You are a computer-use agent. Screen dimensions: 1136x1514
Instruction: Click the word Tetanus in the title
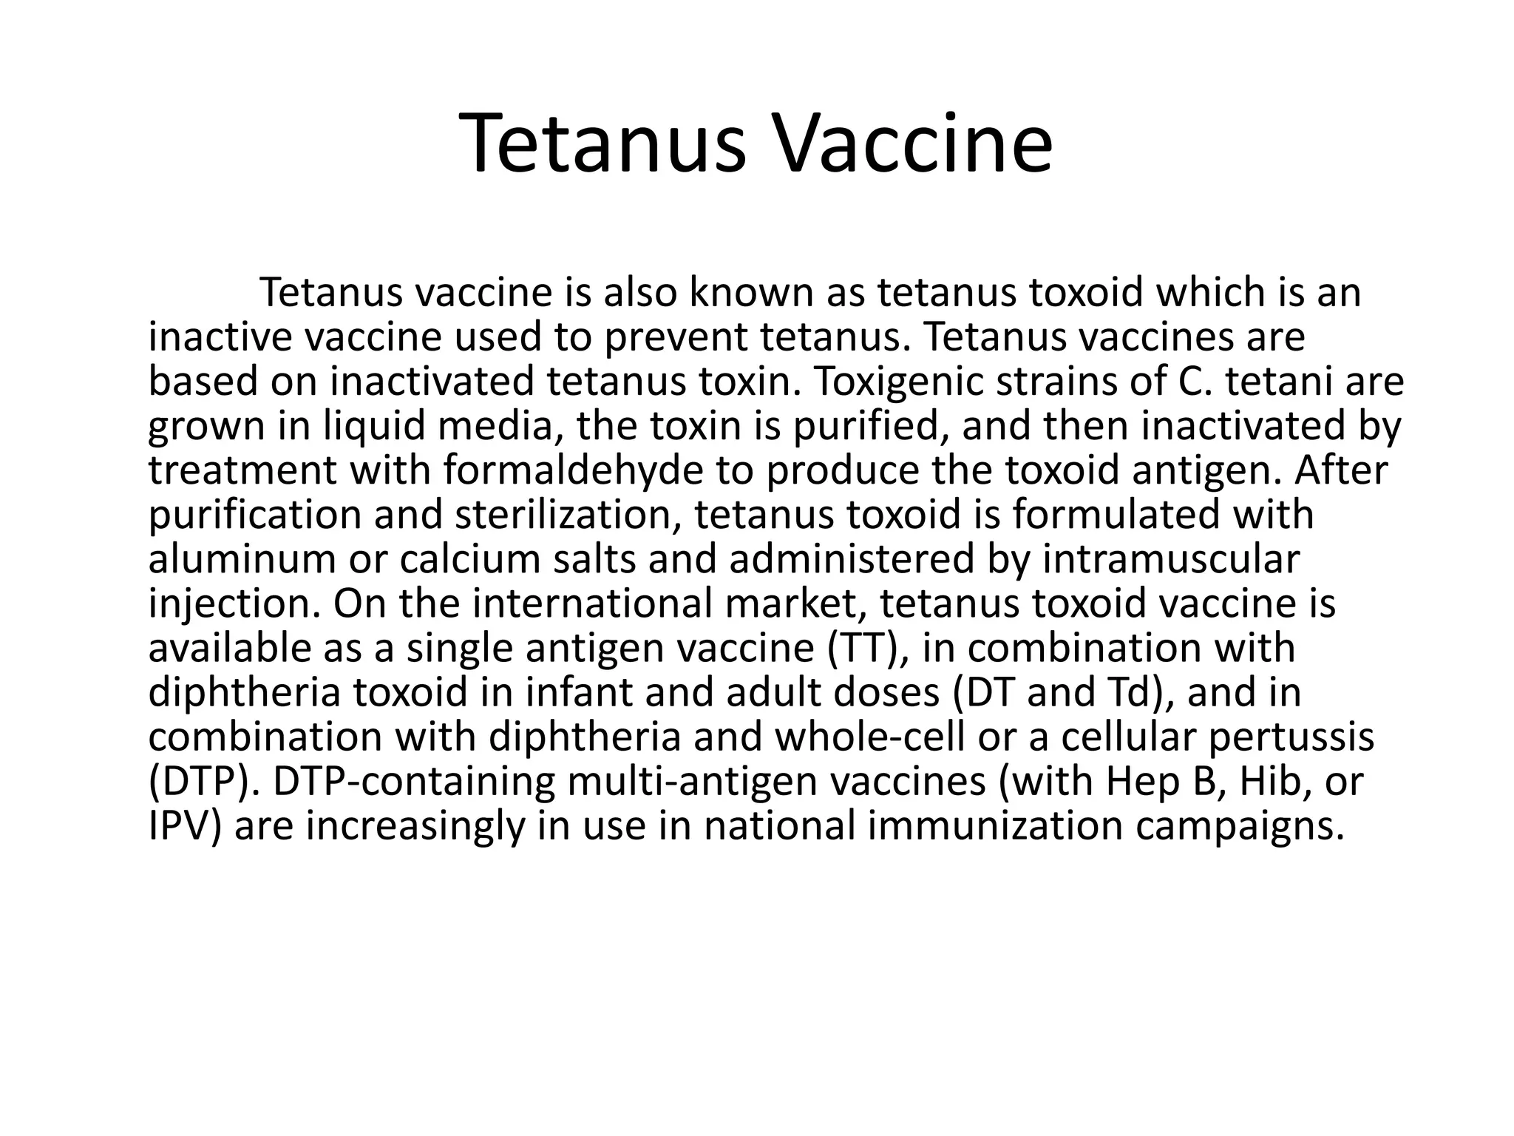(602, 144)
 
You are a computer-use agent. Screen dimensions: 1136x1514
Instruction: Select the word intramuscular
(1171, 560)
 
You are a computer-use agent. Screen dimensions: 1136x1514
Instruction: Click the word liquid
(367, 427)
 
